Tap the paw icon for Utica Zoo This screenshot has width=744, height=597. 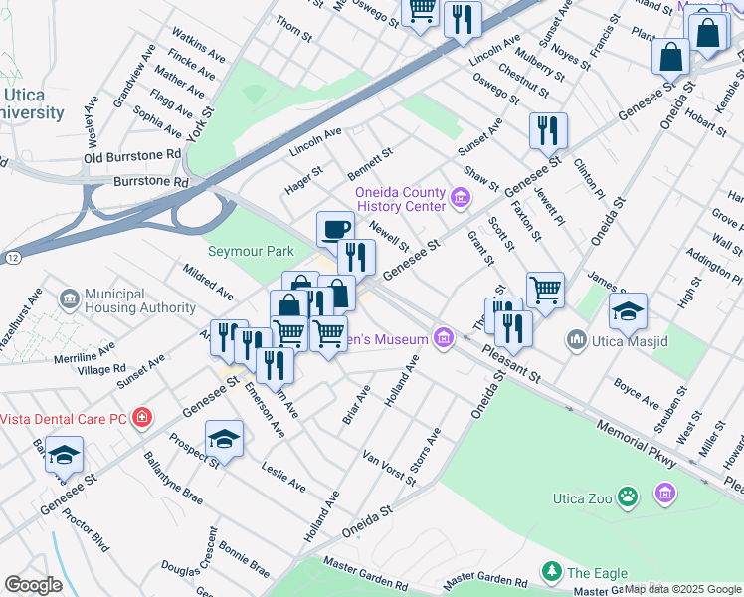point(628,495)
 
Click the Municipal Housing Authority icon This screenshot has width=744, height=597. point(69,298)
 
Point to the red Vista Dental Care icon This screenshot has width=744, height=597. point(142,416)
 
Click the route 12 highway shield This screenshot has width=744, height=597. point(12,257)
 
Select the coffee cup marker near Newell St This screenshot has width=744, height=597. point(335,229)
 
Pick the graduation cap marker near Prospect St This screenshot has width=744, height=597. point(225,439)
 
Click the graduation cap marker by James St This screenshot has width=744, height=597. point(628,311)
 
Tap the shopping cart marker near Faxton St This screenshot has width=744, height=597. point(545,291)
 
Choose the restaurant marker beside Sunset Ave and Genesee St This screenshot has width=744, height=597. point(548,130)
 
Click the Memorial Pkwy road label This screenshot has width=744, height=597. point(637,444)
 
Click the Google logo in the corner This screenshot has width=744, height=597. point(33,584)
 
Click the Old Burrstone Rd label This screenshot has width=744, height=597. point(132,156)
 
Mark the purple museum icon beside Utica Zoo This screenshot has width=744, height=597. point(664,493)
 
